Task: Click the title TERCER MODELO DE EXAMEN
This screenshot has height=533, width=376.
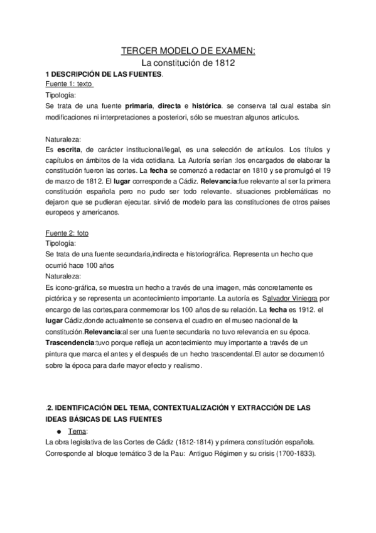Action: [188, 52]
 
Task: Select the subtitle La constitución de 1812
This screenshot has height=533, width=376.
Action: [188, 63]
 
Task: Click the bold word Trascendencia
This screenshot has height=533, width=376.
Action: [69, 343]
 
